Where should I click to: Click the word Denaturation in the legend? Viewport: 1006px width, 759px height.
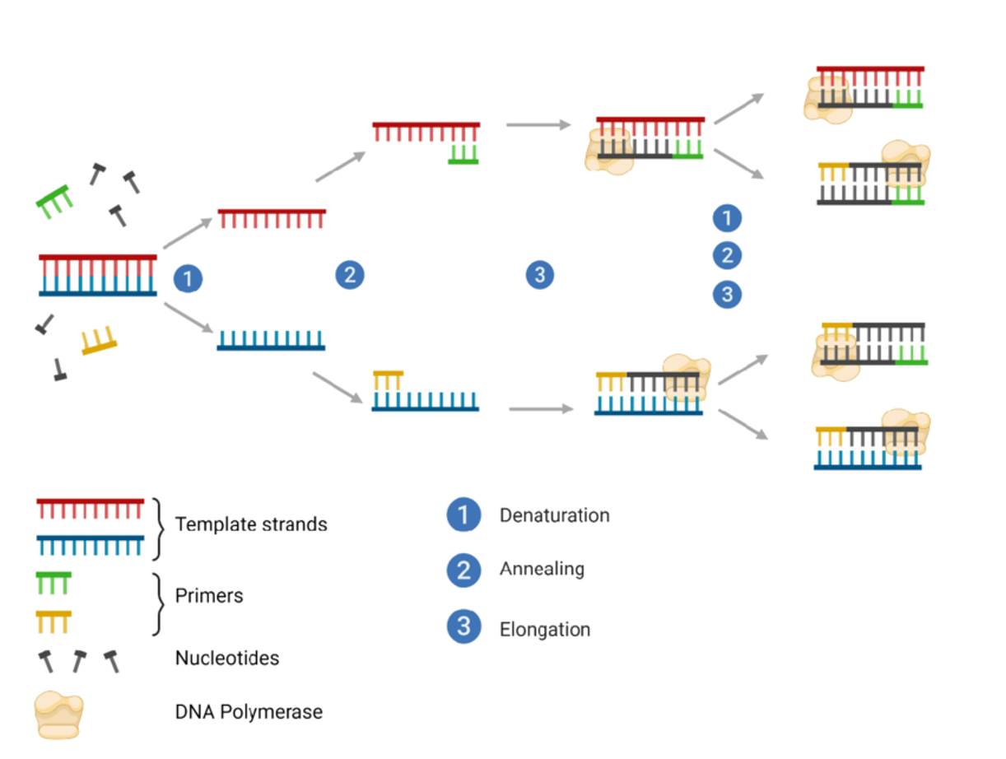click(x=554, y=516)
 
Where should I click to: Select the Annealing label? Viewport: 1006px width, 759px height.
click(x=542, y=569)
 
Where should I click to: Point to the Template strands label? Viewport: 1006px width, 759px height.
click(x=251, y=524)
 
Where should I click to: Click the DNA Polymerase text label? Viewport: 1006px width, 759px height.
click(x=249, y=711)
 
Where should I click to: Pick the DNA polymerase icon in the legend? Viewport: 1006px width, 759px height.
click(x=58, y=713)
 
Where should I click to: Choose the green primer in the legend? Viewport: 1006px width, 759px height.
click(x=54, y=584)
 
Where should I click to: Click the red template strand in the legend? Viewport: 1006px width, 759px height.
click(x=91, y=508)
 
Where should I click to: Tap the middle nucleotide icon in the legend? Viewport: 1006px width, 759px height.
click(x=79, y=660)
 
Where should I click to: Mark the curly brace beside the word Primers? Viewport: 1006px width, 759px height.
click(x=156, y=604)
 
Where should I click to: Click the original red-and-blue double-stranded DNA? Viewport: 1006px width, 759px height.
click(x=97, y=275)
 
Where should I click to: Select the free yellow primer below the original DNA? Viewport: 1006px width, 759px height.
click(x=99, y=341)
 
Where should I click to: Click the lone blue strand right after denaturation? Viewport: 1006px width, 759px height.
click(x=271, y=340)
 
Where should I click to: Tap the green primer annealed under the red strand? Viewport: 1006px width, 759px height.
click(x=463, y=154)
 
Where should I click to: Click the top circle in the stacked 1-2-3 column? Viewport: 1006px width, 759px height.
click(x=726, y=218)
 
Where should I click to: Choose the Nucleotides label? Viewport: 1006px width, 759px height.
click(x=227, y=659)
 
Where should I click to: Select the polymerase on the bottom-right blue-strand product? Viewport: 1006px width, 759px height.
click(x=906, y=433)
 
